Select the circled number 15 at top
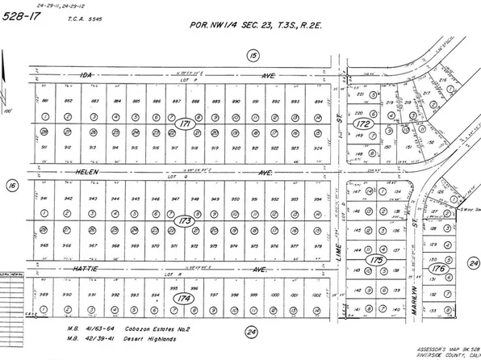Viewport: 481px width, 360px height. (x=253, y=55)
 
